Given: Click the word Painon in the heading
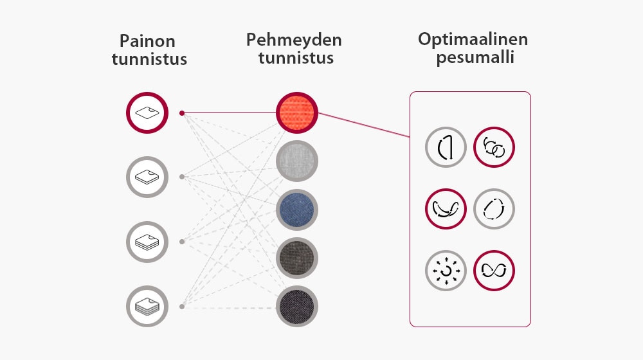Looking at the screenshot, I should coord(147,42).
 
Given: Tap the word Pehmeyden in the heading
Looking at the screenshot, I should coord(294,40).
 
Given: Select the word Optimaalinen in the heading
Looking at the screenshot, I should coord(473,39).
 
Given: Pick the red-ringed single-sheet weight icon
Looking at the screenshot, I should coord(147,113).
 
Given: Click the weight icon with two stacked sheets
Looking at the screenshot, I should coord(147,177).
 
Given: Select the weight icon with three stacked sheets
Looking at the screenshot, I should coord(147,242).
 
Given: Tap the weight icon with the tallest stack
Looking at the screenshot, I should coord(147,307).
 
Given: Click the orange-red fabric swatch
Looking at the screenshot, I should coord(297,113).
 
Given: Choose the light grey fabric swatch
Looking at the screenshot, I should coord(297,161).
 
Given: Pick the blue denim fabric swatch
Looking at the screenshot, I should coord(297,210).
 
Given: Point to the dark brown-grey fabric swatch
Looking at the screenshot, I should coord(297,258).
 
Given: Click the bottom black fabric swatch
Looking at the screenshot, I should coord(297,306).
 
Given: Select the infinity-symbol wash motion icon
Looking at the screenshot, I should coord(494,270).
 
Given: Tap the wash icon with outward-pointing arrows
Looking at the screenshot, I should coord(446,270).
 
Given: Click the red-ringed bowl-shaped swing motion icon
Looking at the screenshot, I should coord(446,209).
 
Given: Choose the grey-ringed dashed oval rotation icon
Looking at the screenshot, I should coord(494,209).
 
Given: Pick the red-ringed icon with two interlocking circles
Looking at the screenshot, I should coord(494,148).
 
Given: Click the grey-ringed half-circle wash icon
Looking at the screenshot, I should coord(446,148).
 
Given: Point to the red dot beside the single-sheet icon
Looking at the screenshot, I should coord(182,113).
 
